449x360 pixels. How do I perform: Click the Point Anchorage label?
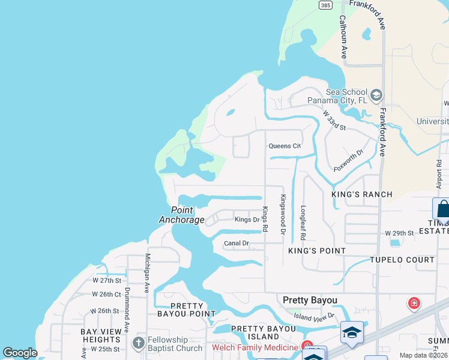[x=182, y=215]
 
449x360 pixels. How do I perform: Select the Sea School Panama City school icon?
[x=376, y=95]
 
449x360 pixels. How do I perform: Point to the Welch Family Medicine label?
[x=255, y=347]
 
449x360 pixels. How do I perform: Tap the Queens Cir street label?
[x=284, y=146]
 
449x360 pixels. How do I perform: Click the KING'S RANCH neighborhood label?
[x=362, y=194]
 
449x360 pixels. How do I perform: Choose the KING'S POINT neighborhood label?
[x=317, y=250]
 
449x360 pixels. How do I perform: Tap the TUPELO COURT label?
[x=402, y=260]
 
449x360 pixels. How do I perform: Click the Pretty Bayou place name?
[x=310, y=300]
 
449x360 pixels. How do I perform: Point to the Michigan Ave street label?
[x=146, y=273]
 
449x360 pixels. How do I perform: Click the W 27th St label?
[x=107, y=280]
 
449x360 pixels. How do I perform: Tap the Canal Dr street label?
[x=236, y=243]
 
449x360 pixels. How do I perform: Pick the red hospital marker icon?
[x=414, y=304]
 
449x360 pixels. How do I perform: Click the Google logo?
[x=20, y=353]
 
